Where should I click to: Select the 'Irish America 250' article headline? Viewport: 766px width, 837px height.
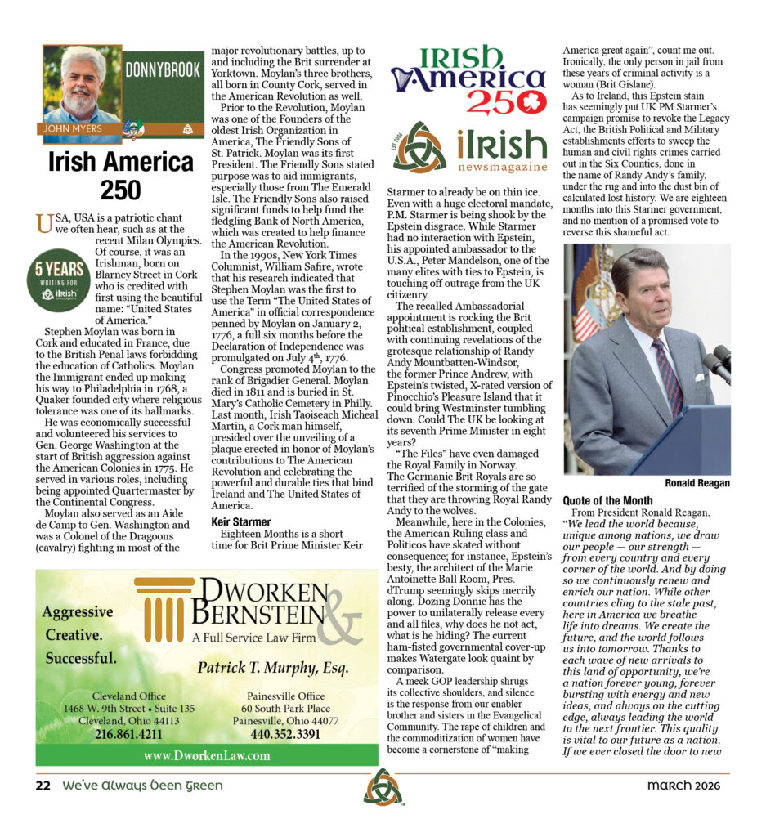(x=119, y=175)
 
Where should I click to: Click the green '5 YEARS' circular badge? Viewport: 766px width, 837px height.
(x=59, y=279)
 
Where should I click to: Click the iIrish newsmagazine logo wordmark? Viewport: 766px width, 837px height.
(x=501, y=150)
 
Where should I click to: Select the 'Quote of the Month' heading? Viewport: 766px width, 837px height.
(x=607, y=500)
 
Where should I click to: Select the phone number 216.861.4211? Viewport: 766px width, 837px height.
(x=128, y=734)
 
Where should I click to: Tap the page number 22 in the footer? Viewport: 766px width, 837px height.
(x=43, y=786)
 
